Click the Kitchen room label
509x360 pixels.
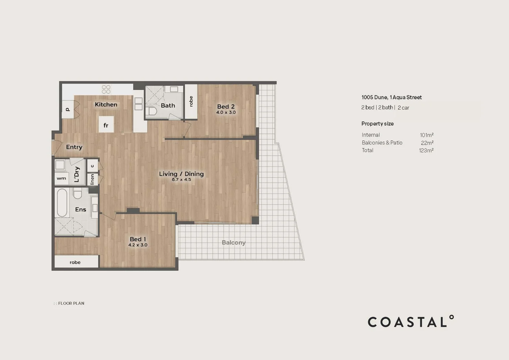pyautogui.click(x=106, y=104)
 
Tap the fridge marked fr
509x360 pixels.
pyautogui.click(x=106, y=124)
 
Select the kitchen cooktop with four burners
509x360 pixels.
pyautogui.click(x=106, y=89)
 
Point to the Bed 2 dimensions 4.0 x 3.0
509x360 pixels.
pyautogui.click(x=226, y=112)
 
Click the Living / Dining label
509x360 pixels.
pyautogui.click(x=181, y=174)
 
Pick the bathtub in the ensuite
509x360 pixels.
pyautogui.click(x=62, y=203)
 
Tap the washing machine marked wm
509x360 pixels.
pyautogui.click(x=61, y=178)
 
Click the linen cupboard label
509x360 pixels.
pyautogui.click(x=92, y=179)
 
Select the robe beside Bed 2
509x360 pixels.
pyautogui.click(x=191, y=101)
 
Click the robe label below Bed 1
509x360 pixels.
pyautogui.click(x=75, y=262)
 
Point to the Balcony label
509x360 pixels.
pyautogui.click(x=234, y=243)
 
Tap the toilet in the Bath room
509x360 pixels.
pyautogui.click(x=151, y=111)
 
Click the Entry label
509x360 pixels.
pyautogui.click(x=74, y=147)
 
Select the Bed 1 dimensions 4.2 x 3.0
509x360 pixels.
pyautogui.click(x=138, y=245)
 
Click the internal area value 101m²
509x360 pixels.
pyautogui.click(x=426, y=135)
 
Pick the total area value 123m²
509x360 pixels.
pyautogui.click(x=426, y=150)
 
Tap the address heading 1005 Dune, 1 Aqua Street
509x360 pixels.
pyautogui.click(x=391, y=97)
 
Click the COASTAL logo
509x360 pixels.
pyautogui.click(x=411, y=321)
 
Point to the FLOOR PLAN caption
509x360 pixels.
pyautogui.click(x=69, y=303)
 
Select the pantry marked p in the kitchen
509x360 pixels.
pyautogui.click(x=68, y=109)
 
